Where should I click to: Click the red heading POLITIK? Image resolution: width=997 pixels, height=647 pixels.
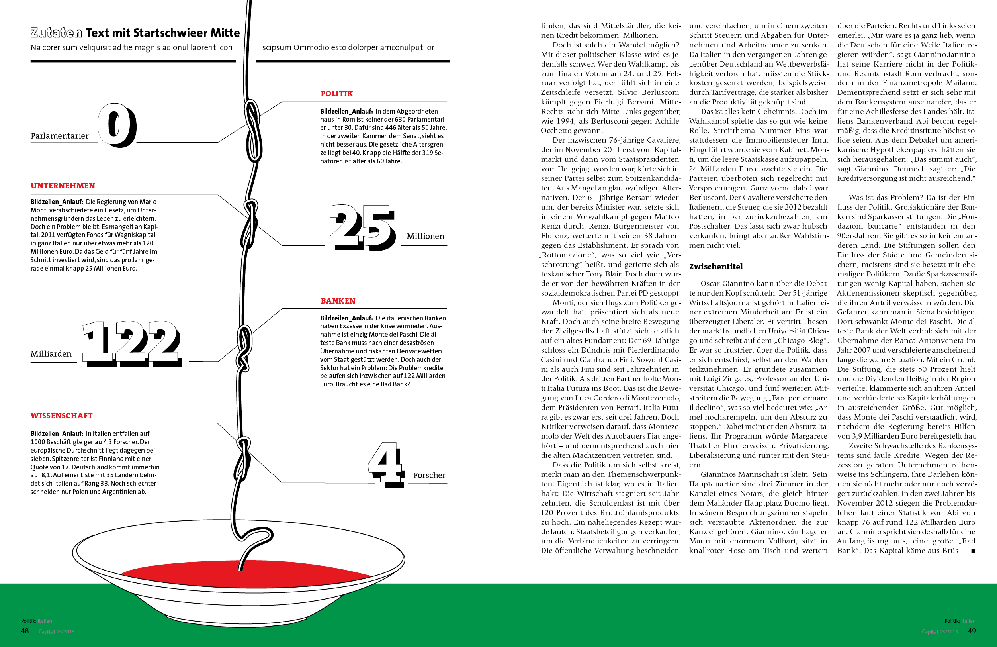(x=336, y=94)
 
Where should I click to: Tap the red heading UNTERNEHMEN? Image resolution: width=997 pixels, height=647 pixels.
(x=63, y=186)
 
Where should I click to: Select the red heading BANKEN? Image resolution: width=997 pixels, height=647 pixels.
(x=338, y=301)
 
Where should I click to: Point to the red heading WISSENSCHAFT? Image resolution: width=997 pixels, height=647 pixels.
(x=62, y=416)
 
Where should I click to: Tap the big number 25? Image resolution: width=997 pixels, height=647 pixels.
(x=362, y=227)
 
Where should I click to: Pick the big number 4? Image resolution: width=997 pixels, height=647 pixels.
(x=386, y=464)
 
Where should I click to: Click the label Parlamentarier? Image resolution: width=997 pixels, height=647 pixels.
(x=59, y=136)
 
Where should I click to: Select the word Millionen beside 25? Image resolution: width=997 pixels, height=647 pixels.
(x=425, y=236)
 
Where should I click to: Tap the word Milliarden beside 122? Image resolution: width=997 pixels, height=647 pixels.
(x=51, y=354)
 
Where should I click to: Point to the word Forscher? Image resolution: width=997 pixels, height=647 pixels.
(x=429, y=475)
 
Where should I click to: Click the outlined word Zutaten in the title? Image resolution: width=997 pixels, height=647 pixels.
(x=56, y=33)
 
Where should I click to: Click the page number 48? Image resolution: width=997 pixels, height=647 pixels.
(x=25, y=631)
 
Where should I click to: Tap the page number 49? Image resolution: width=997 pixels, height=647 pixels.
(x=972, y=631)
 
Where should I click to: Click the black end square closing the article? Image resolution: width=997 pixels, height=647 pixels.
(x=973, y=551)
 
